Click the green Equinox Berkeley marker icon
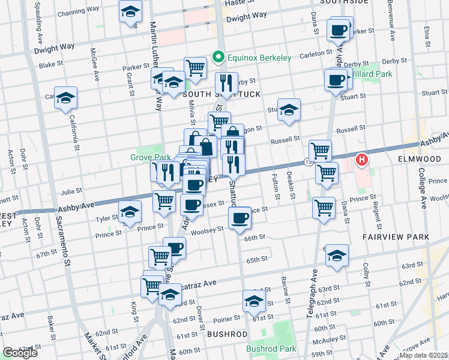[x=218, y=58]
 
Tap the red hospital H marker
[x=362, y=160]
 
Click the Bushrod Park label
[x=271, y=349]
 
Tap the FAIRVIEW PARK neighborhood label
[x=396, y=237]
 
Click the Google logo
[x=20, y=353]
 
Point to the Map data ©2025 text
[x=424, y=355]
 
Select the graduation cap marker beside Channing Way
[x=129, y=12]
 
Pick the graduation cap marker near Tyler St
[x=130, y=212]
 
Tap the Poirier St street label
[x=226, y=318]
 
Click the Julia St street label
[x=71, y=193]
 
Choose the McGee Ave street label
[x=95, y=65]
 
